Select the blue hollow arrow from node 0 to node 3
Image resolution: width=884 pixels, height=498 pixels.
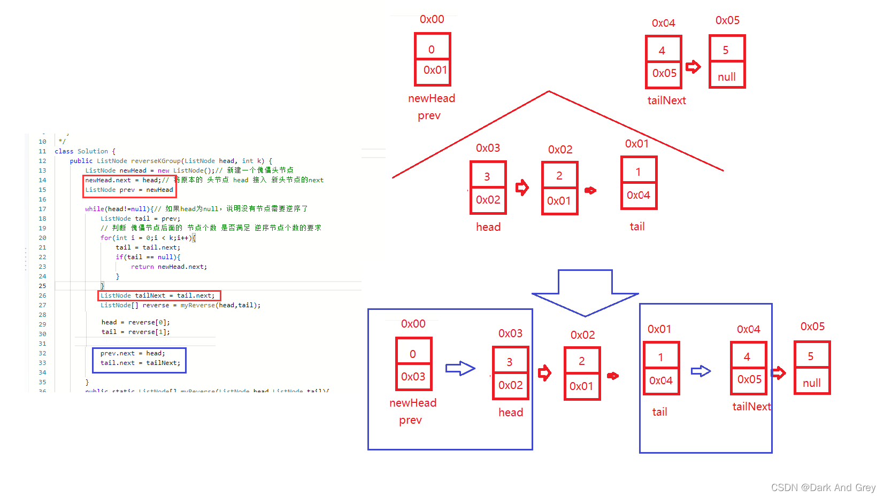(x=460, y=368)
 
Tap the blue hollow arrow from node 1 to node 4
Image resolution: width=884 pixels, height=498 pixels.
(x=701, y=371)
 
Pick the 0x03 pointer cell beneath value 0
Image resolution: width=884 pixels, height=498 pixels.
(x=413, y=377)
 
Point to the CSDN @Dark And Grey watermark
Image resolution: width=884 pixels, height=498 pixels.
(x=823, y=487)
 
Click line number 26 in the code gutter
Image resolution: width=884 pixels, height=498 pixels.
(x=42, y=295)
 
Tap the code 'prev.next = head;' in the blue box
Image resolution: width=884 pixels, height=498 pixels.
(x=133, y=353)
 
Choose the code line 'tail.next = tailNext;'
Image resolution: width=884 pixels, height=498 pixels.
(x=140, y=363)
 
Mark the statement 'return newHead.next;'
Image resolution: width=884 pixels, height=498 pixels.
(x=169, y=267)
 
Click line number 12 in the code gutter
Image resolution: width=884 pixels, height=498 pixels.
(x=42, y=161)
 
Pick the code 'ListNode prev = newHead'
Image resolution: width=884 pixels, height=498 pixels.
(x=129, y=190)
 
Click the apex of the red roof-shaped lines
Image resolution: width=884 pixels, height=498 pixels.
(x=549, y=91)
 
